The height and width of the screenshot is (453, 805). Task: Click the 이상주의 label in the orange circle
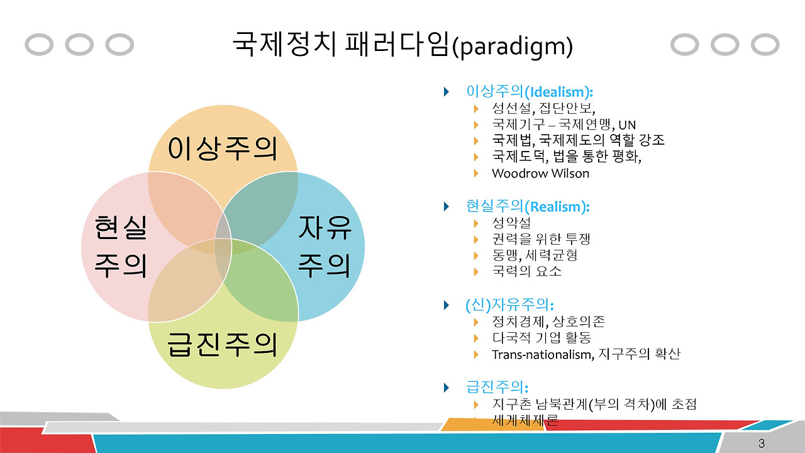223,148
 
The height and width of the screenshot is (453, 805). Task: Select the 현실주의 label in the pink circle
120,246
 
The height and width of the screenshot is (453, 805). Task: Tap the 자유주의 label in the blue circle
324,246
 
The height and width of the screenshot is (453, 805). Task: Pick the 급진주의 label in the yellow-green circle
223,344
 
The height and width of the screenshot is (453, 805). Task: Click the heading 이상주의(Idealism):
530,91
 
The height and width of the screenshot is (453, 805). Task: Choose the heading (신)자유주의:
509,305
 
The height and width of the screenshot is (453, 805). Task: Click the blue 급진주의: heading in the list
497,386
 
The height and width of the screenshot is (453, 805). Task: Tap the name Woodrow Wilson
540,173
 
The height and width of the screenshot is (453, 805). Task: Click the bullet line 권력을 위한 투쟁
541,239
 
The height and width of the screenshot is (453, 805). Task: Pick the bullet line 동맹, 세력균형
535,255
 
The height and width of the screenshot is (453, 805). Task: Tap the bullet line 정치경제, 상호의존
548,322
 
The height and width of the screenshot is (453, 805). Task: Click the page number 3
762,443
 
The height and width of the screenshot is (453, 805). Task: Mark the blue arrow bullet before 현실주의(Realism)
447,206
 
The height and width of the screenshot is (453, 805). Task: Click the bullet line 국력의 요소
526,272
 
